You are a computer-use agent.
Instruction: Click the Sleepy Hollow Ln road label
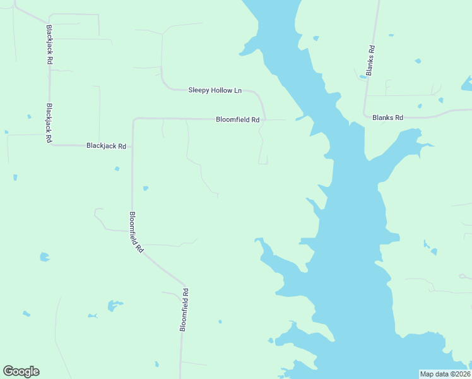point(215,90)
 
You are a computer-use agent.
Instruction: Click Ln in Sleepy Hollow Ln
point(238,90)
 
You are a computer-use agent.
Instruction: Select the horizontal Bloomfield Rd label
point(237,119)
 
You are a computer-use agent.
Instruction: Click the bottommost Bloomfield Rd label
point(184,310)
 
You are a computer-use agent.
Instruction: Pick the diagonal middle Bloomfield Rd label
point(136,232)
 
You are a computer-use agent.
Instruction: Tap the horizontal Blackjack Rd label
point(106,146)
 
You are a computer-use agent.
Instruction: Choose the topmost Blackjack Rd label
point(49,45)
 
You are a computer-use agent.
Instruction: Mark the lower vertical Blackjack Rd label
point(49,124)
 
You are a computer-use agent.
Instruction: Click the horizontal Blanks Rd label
point(387,117)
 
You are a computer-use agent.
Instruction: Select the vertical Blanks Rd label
point(372,61)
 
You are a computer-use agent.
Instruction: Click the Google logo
point(21,371)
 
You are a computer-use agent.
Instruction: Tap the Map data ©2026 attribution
point(445,374)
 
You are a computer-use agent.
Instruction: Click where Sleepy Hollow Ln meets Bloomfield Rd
point(265,118)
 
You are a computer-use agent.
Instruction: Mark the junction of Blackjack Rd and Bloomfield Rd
point(133,146)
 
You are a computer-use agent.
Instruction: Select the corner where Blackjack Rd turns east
point(50,145)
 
